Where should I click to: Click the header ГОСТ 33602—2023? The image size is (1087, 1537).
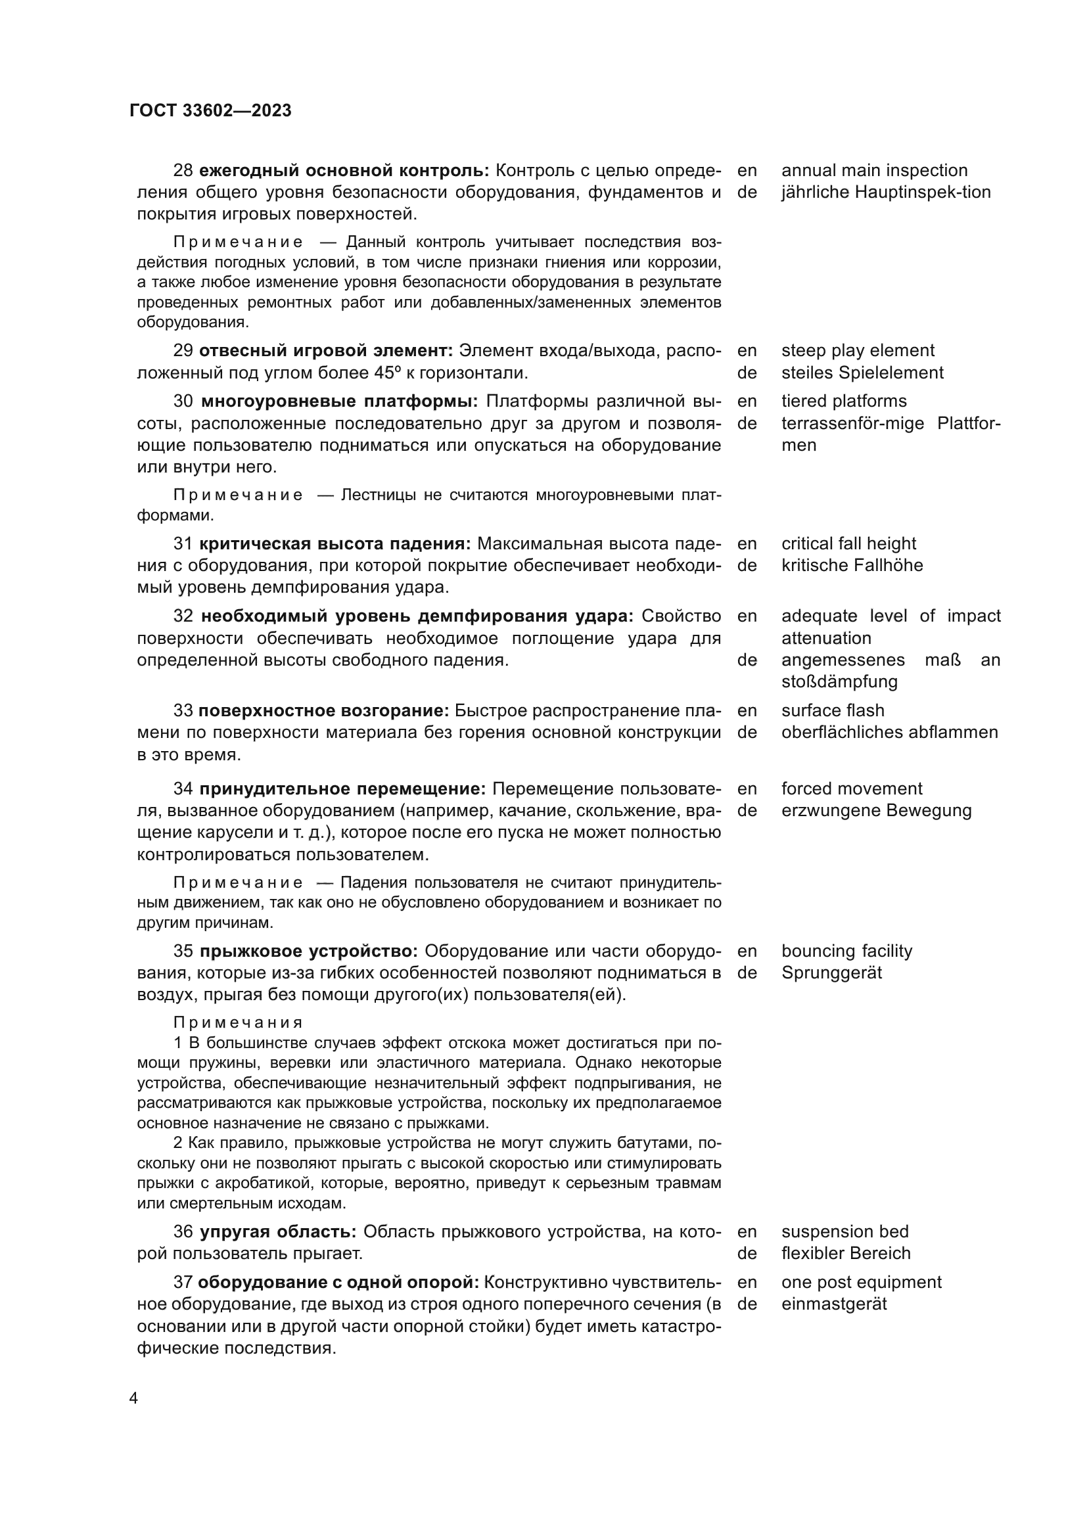point(210,111)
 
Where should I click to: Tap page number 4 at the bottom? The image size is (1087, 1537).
point(133,1398)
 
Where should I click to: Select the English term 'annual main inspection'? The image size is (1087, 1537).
point(874,170)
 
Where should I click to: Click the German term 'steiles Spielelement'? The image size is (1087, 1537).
point(862,373)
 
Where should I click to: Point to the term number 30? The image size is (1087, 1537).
point(183,401)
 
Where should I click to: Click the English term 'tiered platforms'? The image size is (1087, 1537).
point(843,401)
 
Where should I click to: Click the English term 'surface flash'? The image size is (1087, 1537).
point(832,710)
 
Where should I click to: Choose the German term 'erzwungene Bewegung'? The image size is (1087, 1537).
point(875,811)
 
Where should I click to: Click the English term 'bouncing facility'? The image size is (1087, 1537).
point(846,952)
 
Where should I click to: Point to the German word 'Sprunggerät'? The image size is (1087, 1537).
point(831,973)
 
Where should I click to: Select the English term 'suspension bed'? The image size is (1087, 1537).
point(844,1231)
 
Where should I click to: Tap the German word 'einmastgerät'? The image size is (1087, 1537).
point(833,1304)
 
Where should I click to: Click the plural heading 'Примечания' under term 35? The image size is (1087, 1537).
point(239,1023)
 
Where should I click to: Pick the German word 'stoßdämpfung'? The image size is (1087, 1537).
point(839,682)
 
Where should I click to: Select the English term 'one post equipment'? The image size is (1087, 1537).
point(861,1282)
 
